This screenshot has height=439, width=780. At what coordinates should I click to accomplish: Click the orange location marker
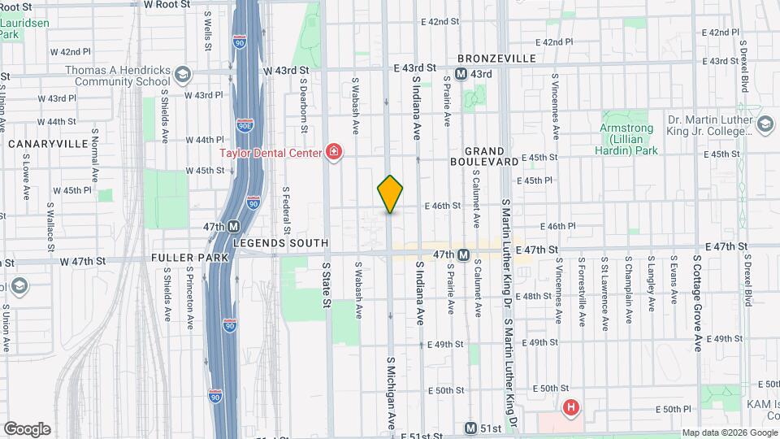390,193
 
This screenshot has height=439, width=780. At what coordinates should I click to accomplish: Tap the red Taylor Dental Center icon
331,151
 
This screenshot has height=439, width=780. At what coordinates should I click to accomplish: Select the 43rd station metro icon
461,74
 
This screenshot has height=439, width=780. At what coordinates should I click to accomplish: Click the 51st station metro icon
470,428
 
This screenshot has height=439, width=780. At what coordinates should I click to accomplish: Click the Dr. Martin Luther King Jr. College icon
764,124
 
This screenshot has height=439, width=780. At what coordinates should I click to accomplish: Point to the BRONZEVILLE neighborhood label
496,59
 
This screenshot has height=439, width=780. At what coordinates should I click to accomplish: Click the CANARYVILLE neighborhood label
47,144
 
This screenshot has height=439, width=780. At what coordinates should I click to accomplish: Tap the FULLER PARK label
180,257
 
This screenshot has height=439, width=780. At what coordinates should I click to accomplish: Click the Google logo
27,429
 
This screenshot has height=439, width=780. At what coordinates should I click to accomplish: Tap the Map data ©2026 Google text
729,432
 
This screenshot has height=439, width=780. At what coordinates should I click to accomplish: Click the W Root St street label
167,4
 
